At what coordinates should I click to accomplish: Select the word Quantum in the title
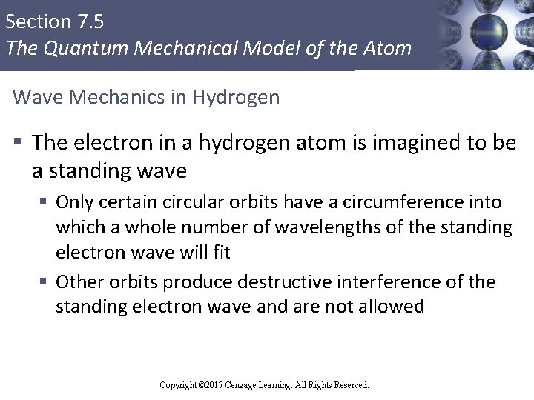point(79,49)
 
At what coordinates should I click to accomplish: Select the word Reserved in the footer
point(352,385)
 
